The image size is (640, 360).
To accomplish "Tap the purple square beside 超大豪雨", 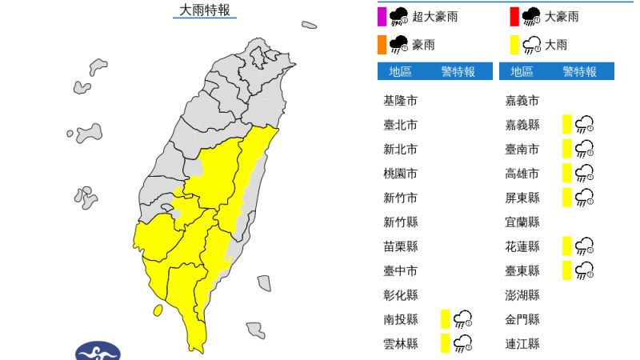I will click(382, 15).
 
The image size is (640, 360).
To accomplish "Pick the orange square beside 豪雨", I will click(382, 43).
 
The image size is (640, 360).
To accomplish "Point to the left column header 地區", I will click(400, 72).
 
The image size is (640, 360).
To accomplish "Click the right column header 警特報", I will click(579, 72).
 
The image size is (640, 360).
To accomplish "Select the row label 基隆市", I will click(400, 101).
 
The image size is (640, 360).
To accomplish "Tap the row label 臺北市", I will click(400, 125).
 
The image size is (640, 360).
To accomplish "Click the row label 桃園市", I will click(400, 173).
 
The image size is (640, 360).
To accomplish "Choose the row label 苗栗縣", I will click(400, 246).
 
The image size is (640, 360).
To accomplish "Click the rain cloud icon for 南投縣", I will click(462, 319).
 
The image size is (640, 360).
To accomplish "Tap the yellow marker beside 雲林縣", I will click(444, 344).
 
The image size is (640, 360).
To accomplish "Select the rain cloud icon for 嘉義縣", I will click(584, 124).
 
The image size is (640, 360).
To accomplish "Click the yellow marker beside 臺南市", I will click(566, 149).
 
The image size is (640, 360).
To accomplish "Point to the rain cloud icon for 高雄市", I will click(584, 173).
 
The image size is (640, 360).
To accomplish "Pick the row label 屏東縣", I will click(522, 198).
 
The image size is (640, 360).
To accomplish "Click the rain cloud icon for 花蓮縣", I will click(584, 246).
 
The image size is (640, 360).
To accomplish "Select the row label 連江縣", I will click(522, 344).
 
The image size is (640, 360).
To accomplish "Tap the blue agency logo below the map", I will click(98, 351).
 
